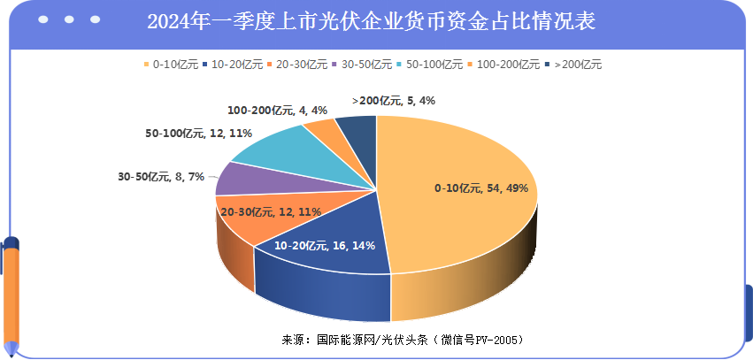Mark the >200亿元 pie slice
(359, 131)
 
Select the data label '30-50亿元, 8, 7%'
(161, 176)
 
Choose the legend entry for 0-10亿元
(168, 64)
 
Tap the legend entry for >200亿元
(573, 64)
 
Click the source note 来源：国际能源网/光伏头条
(403, 340)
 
